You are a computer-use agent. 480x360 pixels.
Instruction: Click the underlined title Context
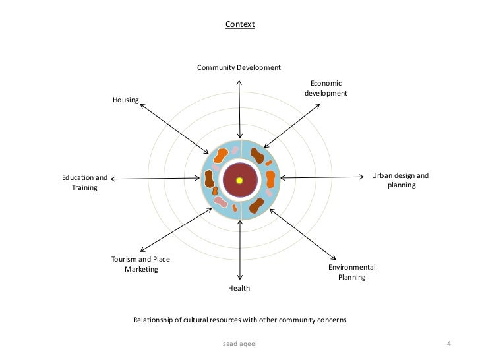coord(239,24)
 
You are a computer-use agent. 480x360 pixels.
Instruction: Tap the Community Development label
coord(239,67)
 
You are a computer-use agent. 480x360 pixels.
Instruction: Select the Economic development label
coord(326,88)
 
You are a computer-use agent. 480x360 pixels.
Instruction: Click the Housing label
coord(125,100)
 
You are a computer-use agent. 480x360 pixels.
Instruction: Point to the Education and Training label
coord(84,183)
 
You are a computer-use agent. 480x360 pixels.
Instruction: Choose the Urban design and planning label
coord(400,181)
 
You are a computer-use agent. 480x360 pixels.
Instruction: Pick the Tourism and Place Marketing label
coord(141,264)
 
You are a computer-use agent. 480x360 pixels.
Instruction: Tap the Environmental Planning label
coord(352,272)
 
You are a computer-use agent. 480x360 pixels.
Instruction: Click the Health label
coord(239,288)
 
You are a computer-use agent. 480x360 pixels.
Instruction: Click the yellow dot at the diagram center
coord(240,180)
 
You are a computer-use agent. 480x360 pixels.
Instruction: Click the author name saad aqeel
coord(239,344)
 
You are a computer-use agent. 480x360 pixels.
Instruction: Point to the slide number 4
coord(449,344)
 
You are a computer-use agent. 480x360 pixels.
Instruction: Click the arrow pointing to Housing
coord(175,127)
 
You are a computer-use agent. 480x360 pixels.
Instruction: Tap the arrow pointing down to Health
coord(240,251)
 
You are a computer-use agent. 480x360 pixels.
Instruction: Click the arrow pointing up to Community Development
coord(239,109)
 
